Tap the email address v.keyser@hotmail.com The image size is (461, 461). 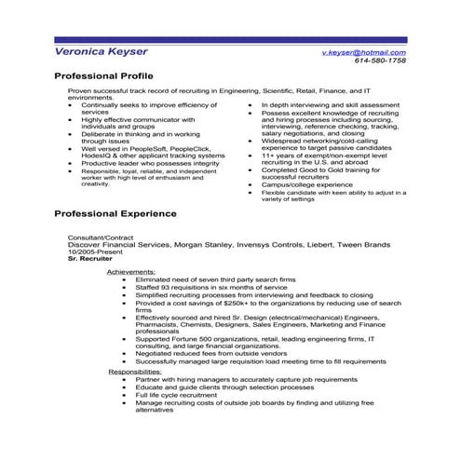[x=362, y=52]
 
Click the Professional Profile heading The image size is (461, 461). [x=103, y=75]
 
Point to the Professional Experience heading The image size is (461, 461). [x=115, y=213]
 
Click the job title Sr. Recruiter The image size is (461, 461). [x=89, y=254]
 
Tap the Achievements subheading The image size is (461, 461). [x=132, y=271]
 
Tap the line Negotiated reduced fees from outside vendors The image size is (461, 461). [x=211, y=353]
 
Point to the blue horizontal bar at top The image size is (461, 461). [x=230, y=39]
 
